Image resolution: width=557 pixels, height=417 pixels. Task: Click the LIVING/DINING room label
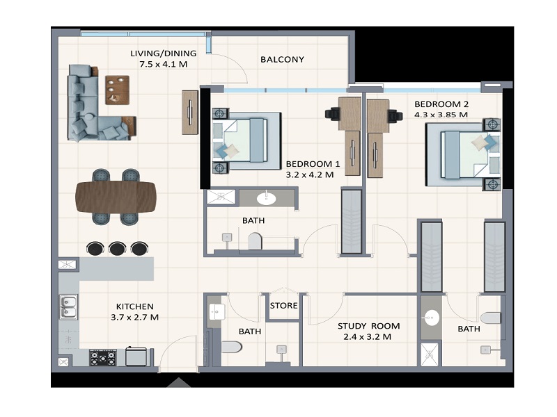[164, 54]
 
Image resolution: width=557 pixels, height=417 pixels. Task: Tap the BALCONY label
[282, 59]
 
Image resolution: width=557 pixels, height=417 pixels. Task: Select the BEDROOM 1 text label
[313, 164]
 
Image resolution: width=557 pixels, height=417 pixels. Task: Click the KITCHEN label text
[134, 306]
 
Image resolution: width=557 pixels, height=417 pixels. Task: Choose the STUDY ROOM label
[368, 326]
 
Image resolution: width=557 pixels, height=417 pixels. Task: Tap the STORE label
[283, 306]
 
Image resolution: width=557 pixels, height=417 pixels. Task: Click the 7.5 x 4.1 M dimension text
[164, 65]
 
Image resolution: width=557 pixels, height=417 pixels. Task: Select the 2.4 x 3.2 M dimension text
[367, 337]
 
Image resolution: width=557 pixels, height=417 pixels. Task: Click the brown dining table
[116, 195]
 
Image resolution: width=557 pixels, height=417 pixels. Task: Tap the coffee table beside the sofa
[117, 89]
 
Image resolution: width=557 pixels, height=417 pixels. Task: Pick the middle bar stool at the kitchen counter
[117, 248]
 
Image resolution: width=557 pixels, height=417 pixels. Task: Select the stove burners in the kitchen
[103, 358]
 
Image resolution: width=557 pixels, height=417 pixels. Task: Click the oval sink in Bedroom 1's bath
[266, 199]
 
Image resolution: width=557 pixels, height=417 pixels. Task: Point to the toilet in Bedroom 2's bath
[490, 318]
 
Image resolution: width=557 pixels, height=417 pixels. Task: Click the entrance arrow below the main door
[179, 382]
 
